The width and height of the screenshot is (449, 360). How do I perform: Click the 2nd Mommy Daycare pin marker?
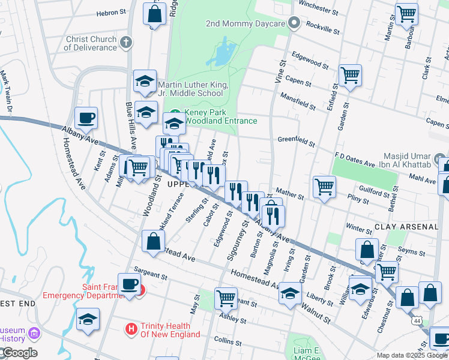click(x=294, y=24)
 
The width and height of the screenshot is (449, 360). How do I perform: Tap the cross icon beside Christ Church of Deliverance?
click(x=125, y=43)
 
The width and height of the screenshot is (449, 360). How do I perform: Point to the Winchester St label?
click(x=318, y=8)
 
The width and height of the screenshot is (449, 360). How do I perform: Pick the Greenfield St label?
click(x=296, y=141)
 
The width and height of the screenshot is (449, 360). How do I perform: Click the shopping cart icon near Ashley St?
click(x=226, y=296)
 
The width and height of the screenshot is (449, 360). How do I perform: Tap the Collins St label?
click(x=228, y=340)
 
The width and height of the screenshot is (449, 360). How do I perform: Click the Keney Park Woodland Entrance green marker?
click(x=175, y=112)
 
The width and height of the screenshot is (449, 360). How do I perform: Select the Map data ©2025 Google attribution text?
click(x=412, y=355)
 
